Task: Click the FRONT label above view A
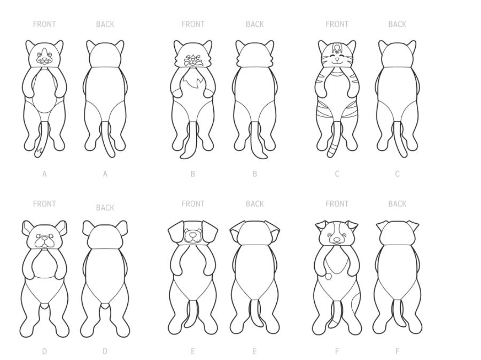(x=44, y=24)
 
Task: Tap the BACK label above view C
(x=397, y=24)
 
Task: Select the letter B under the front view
(x=192, y=174)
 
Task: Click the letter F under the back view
(x=397, y=351)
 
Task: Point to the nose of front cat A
(x=45, y=59)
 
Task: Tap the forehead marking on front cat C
(x=337, y=49)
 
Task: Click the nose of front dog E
(x=192, y=234)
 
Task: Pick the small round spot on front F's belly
(x=328, y=277)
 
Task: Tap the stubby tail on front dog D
(x=45, y=306)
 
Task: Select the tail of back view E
(x=255, y=314)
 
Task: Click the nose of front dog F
(x=337, y=239)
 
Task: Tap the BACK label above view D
(x=105, y=208)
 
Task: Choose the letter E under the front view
(x=192, y=351)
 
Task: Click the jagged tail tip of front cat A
(x=38, y=152)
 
